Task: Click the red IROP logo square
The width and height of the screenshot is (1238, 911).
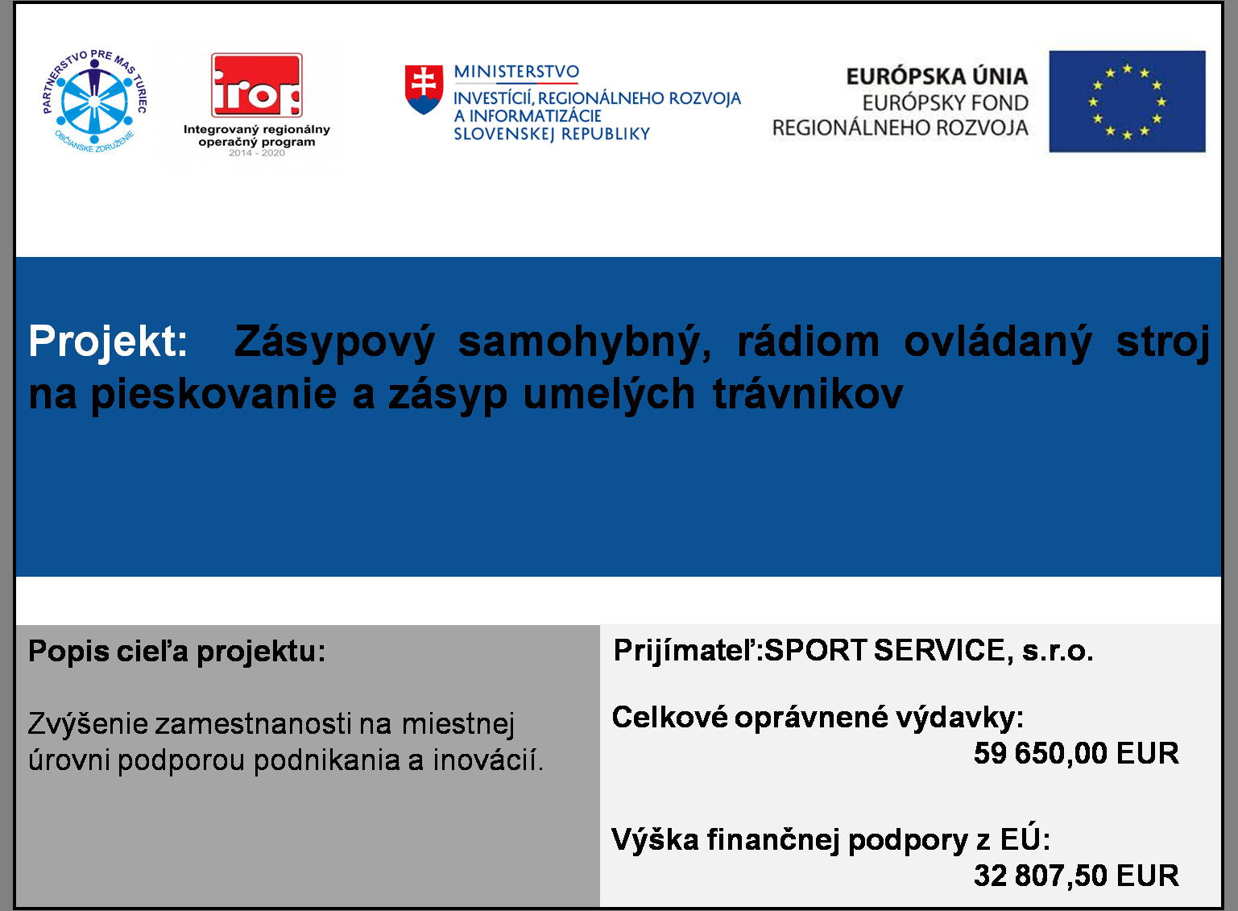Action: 257,85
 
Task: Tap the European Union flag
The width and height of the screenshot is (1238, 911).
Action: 1127,101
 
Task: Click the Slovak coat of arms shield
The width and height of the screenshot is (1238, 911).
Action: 424,89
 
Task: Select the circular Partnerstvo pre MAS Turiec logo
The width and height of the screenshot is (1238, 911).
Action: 94,101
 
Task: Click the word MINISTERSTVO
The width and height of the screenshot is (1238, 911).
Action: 516,72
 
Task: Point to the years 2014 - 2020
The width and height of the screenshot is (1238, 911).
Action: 257,153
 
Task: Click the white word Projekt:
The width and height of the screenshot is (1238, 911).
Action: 108,342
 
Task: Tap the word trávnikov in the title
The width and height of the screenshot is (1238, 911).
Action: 808,395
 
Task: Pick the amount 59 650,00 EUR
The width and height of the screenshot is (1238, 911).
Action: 1076,753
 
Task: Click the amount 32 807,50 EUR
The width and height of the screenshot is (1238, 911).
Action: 1076,876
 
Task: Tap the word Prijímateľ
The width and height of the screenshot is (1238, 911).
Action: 685,651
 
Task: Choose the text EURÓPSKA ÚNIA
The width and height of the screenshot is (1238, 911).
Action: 937,77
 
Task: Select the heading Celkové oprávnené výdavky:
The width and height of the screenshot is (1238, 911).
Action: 818,718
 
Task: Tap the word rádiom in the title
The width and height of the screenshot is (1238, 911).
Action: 808,342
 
